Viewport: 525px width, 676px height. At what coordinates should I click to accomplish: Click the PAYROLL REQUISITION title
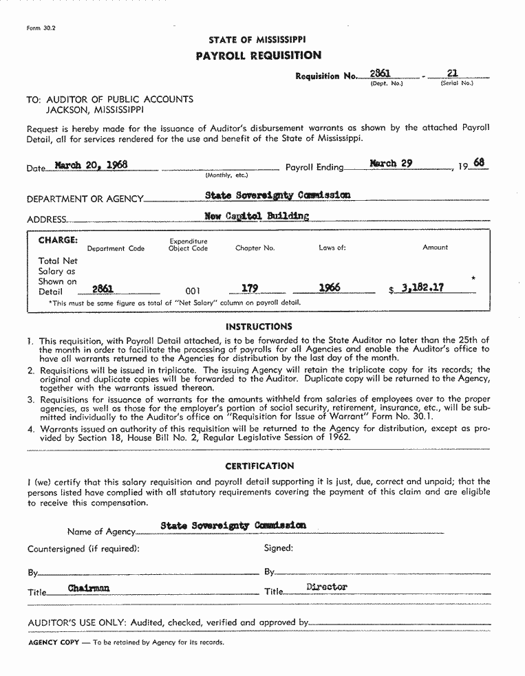[x=258, y=56]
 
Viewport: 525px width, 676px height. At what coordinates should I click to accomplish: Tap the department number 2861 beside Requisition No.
[x=380, y=73]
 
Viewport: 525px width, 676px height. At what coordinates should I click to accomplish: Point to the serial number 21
[x=452, y=73]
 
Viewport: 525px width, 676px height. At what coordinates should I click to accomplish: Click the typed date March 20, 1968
[x=91, y=165]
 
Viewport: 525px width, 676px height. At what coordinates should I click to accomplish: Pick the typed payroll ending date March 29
[x=391, y=164]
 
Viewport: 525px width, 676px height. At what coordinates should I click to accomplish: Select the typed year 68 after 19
[x=479, y=163]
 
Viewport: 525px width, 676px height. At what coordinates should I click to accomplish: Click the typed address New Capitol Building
[x=257, y=216]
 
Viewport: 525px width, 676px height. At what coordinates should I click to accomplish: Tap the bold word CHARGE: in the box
[x=58, y=240]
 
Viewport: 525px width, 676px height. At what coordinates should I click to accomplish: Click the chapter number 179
[x=249, y=288]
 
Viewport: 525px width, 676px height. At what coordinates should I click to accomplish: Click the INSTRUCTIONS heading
[x=259, y=327]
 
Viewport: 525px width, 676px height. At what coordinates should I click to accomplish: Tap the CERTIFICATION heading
[x=259, y=466]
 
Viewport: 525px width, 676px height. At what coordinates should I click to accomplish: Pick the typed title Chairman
[x=89, y=589]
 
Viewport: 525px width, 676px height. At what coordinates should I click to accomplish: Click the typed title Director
[x=327, y=587]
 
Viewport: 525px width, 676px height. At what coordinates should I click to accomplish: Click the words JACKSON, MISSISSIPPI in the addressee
[x=94, y=109]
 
